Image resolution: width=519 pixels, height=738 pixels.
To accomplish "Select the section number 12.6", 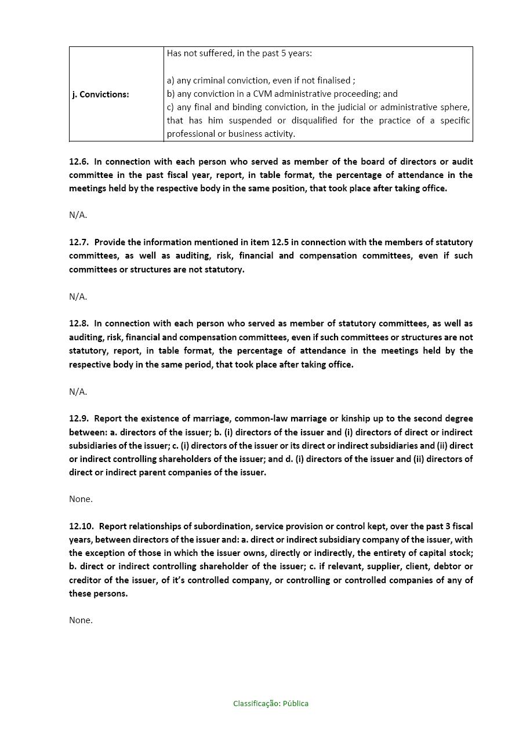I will (79, 161).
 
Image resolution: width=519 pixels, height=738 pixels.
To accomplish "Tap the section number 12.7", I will (79, 242).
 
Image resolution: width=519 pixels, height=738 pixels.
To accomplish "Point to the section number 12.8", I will (79, 323).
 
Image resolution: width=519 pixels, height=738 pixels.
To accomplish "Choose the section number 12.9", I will (79, 418).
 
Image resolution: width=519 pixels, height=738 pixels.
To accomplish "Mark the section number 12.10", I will (81, 526).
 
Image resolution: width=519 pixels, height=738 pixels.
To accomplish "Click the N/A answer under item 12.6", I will (78, 215).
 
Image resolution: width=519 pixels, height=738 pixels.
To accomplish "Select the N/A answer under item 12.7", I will (78, 296).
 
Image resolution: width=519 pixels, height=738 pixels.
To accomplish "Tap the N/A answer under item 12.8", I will (78, 391).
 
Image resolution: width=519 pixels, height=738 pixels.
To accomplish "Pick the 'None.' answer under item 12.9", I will (81, 499).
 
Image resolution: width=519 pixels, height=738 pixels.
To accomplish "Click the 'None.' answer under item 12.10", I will (81, 620).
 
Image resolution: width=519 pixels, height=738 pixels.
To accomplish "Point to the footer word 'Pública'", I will (296, 703).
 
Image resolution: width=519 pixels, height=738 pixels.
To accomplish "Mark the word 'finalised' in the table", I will (332, 80).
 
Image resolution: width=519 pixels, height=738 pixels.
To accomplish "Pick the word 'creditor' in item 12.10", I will (86, 580).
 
